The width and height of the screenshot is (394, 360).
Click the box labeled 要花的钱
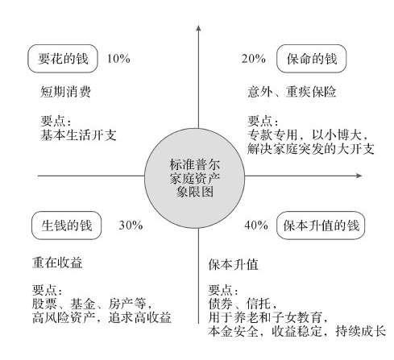point(63,59)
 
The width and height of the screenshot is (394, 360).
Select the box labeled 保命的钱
point(312,59)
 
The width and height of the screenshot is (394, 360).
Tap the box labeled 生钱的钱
point(67,226)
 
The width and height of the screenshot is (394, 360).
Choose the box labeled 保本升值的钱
point(321,226)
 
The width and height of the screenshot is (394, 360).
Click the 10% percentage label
point(118,59)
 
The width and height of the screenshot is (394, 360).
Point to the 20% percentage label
point(254,59)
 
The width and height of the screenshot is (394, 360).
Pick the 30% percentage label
point(131,226)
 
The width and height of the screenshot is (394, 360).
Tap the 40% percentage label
point(256,226)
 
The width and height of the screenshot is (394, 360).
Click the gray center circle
point(195,178)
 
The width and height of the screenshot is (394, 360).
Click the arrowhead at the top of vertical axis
point(198,28)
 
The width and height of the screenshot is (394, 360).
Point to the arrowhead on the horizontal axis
point(359,176)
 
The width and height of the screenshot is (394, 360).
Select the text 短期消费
point(65,92)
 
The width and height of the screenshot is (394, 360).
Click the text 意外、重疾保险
point(292,92)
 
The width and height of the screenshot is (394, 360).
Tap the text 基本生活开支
point(78,135)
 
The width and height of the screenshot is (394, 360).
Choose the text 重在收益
point(57,263)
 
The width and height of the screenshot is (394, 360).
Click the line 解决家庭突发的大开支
point(311,149)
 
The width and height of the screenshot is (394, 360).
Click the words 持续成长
point(361,331)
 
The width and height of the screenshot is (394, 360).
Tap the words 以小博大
point(337,135)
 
